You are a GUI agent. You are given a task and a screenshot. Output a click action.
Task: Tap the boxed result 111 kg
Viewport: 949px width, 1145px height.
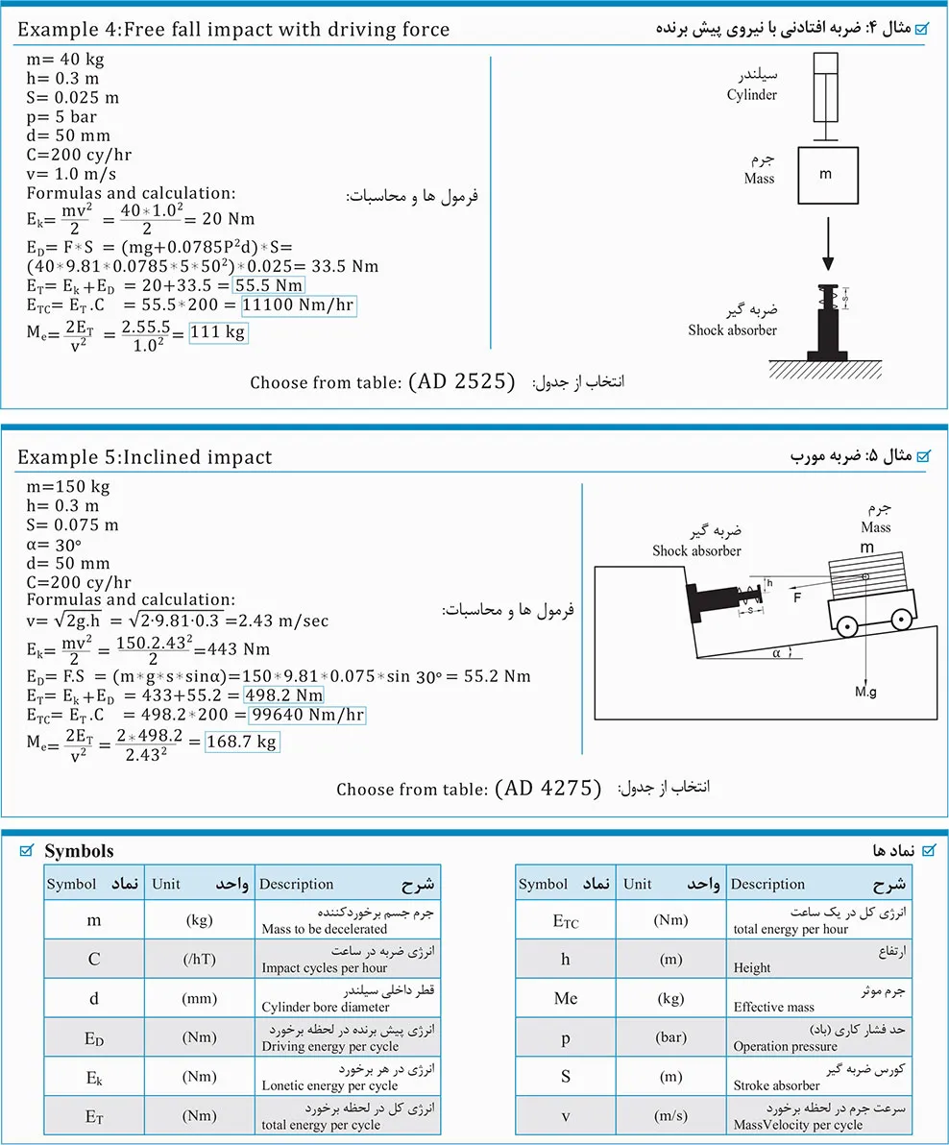(x=218, y=332)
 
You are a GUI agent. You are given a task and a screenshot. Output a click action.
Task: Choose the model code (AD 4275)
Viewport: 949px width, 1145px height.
(x=548, y=789)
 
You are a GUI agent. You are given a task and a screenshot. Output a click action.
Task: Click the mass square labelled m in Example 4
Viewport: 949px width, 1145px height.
(x=827, y=176)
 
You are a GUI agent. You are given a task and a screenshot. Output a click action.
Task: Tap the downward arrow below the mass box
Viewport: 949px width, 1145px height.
(x=827, y=244)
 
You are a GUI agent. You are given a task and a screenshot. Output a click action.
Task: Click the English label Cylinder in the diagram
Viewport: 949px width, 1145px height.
(x=751, y=95)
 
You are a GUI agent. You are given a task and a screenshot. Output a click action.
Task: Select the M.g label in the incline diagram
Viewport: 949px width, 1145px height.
(x=867, y=692)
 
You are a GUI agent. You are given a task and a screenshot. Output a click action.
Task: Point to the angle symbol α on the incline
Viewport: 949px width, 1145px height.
(x=775, y=653)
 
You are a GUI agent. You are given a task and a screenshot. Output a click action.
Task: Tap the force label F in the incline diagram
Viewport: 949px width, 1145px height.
(x=796, y=597)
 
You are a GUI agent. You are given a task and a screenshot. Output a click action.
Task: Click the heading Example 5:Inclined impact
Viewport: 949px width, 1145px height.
(x=144, y=457)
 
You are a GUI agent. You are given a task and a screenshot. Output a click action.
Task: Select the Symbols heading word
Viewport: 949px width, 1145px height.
(x=79, y=850)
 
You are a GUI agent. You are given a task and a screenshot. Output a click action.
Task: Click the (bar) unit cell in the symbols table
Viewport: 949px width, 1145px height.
(x=670, y=1038)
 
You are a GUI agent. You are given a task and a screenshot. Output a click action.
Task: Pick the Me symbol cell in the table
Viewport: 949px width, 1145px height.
(x=566, y=999)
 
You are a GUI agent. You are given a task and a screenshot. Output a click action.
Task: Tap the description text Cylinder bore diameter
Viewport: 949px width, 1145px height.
(x=326, y=1008)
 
